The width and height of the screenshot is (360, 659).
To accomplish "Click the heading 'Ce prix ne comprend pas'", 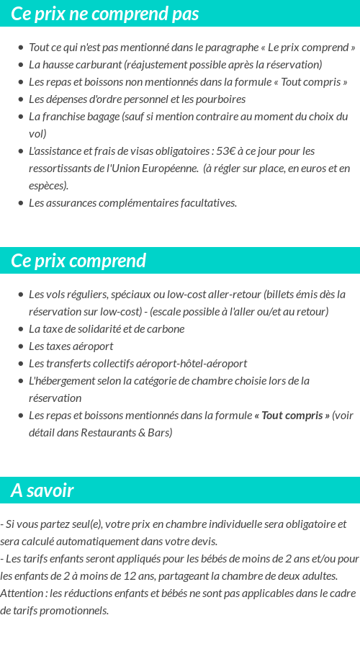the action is pos(105,14).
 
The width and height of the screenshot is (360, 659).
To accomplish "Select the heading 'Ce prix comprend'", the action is pos(78,260).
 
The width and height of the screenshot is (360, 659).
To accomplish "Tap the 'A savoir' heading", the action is pos(42,490).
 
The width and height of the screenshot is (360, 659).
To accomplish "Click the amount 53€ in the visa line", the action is pos(226,151).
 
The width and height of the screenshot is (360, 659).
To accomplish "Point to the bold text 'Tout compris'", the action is pos(295,416).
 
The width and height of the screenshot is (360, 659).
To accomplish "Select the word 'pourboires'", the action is pos(221,99).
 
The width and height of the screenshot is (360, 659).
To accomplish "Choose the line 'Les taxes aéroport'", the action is pos(71,346).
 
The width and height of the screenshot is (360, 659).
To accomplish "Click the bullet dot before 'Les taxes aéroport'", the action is pos(20,346).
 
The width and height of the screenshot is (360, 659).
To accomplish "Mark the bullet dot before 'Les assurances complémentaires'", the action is pos(20,203).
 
